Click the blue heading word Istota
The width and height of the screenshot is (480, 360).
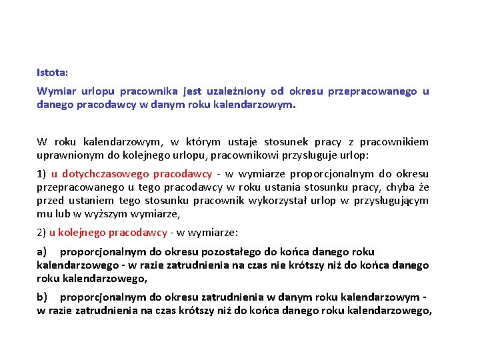click(x=53, y=71)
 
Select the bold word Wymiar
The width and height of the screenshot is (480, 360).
click(x=55, y=91)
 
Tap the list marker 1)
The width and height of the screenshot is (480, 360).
click(x=41, y=174)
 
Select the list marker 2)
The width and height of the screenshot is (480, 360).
click(x=41, y=233)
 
